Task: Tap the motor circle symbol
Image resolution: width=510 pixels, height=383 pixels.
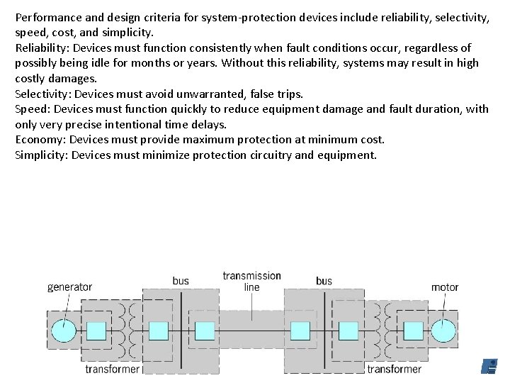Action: tap(444, 331)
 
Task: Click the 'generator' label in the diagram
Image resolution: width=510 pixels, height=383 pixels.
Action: tap(69, 287)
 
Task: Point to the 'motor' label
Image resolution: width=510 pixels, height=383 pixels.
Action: tap(445, 287)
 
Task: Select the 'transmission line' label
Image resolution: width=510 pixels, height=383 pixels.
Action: tap(251, 281)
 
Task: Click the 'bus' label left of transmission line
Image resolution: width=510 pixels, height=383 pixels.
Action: tap(181, 281)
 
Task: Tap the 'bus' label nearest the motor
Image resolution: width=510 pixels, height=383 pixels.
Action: tap(324, 281)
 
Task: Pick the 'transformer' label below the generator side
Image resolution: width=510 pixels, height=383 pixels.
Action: tap(112, 369)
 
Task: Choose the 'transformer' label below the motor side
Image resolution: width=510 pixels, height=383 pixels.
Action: tap(394, 369)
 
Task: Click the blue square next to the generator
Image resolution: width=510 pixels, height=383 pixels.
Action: tap(96, 331)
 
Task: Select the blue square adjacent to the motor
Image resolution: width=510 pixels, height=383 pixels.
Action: tap(413, 331)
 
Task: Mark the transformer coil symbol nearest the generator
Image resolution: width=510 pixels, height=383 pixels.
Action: tap(130, 331)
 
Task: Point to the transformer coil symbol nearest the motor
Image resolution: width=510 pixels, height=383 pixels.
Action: tap(380, 331)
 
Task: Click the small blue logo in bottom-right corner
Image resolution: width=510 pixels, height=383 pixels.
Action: tap(489, 366)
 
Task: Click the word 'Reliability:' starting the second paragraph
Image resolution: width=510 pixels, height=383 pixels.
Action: tap(42, 48)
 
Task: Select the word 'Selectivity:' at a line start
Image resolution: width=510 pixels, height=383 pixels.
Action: tap(43, 94)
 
